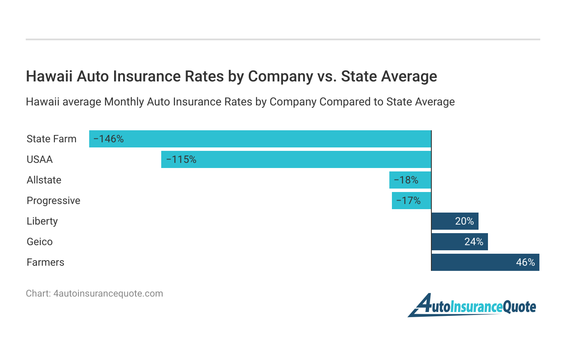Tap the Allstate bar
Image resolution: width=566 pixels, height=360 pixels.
pyautogui.click(x=410, y=180)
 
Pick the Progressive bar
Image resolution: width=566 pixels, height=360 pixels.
pyautogui.click(x=412, y=201)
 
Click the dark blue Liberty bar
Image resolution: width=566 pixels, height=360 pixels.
pyautogui.click(x=455, y=221)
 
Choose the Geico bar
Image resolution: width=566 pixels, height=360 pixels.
pyautogui.click(x=459, y=242)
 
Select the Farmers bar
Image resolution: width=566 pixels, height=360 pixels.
pyautogui.click(x=485, y=262)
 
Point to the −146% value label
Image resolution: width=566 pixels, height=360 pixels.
pyautogui.click(x=108, y=139)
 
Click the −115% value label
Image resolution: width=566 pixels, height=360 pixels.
pyautogui.click(x=181, y=159)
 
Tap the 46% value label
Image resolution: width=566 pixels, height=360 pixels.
pyautogui.click(x=525, y=262)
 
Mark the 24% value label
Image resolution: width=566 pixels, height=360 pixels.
pyautogui.click(x=474, y=242)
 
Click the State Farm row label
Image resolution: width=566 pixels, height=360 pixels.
pyautogui.click(x=51, y=139)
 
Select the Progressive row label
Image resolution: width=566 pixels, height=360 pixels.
pyautogui.click(x=53, y=201)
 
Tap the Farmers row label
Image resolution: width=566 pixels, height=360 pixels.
pyautogui.click(x=45, y=262)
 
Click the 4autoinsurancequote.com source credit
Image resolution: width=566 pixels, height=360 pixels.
pyautogui.click(x=94, y=294)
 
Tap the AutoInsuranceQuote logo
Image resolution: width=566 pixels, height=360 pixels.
pyautogui.click(x=472, y=306)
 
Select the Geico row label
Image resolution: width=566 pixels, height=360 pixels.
pyautogui.click(x=39, y=242)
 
